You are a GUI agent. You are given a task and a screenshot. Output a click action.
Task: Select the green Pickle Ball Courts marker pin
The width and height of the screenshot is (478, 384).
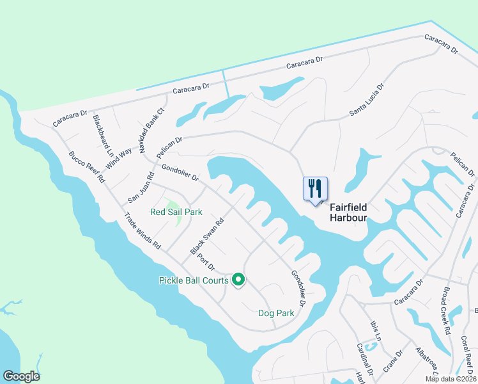[x=238, y=280]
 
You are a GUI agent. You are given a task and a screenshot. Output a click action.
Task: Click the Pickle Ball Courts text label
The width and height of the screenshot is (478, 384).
[x=193, y=280]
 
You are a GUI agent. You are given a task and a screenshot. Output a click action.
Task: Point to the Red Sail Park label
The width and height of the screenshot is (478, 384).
[x=176, y=212]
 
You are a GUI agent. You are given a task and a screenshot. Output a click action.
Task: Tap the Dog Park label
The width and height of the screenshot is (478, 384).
[x=276, y=313]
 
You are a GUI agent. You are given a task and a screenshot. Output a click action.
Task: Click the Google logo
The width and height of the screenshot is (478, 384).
[x=21, y=376]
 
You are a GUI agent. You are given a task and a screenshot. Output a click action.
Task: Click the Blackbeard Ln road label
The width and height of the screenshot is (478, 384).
[x=102, y=136]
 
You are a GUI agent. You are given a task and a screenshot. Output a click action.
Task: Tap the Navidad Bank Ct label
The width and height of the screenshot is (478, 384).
[x=151, y=129]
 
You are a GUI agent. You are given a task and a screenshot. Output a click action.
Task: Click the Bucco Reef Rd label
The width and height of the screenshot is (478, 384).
[x=86, y=167]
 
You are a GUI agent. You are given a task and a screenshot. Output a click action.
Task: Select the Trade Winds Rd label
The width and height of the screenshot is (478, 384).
[x=143, y=231]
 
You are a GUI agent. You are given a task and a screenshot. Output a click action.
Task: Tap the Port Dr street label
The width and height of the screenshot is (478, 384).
[x=206, y=262]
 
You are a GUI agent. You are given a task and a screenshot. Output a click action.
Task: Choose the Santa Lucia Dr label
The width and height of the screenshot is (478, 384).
[x=367, y=100]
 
